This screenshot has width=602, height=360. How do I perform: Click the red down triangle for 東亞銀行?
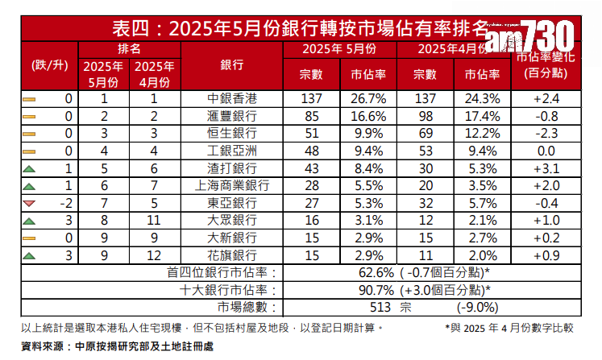[30, 203]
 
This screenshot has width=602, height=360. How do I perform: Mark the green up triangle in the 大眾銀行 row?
[30, 221]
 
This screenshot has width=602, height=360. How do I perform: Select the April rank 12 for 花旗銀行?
[153, 255]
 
